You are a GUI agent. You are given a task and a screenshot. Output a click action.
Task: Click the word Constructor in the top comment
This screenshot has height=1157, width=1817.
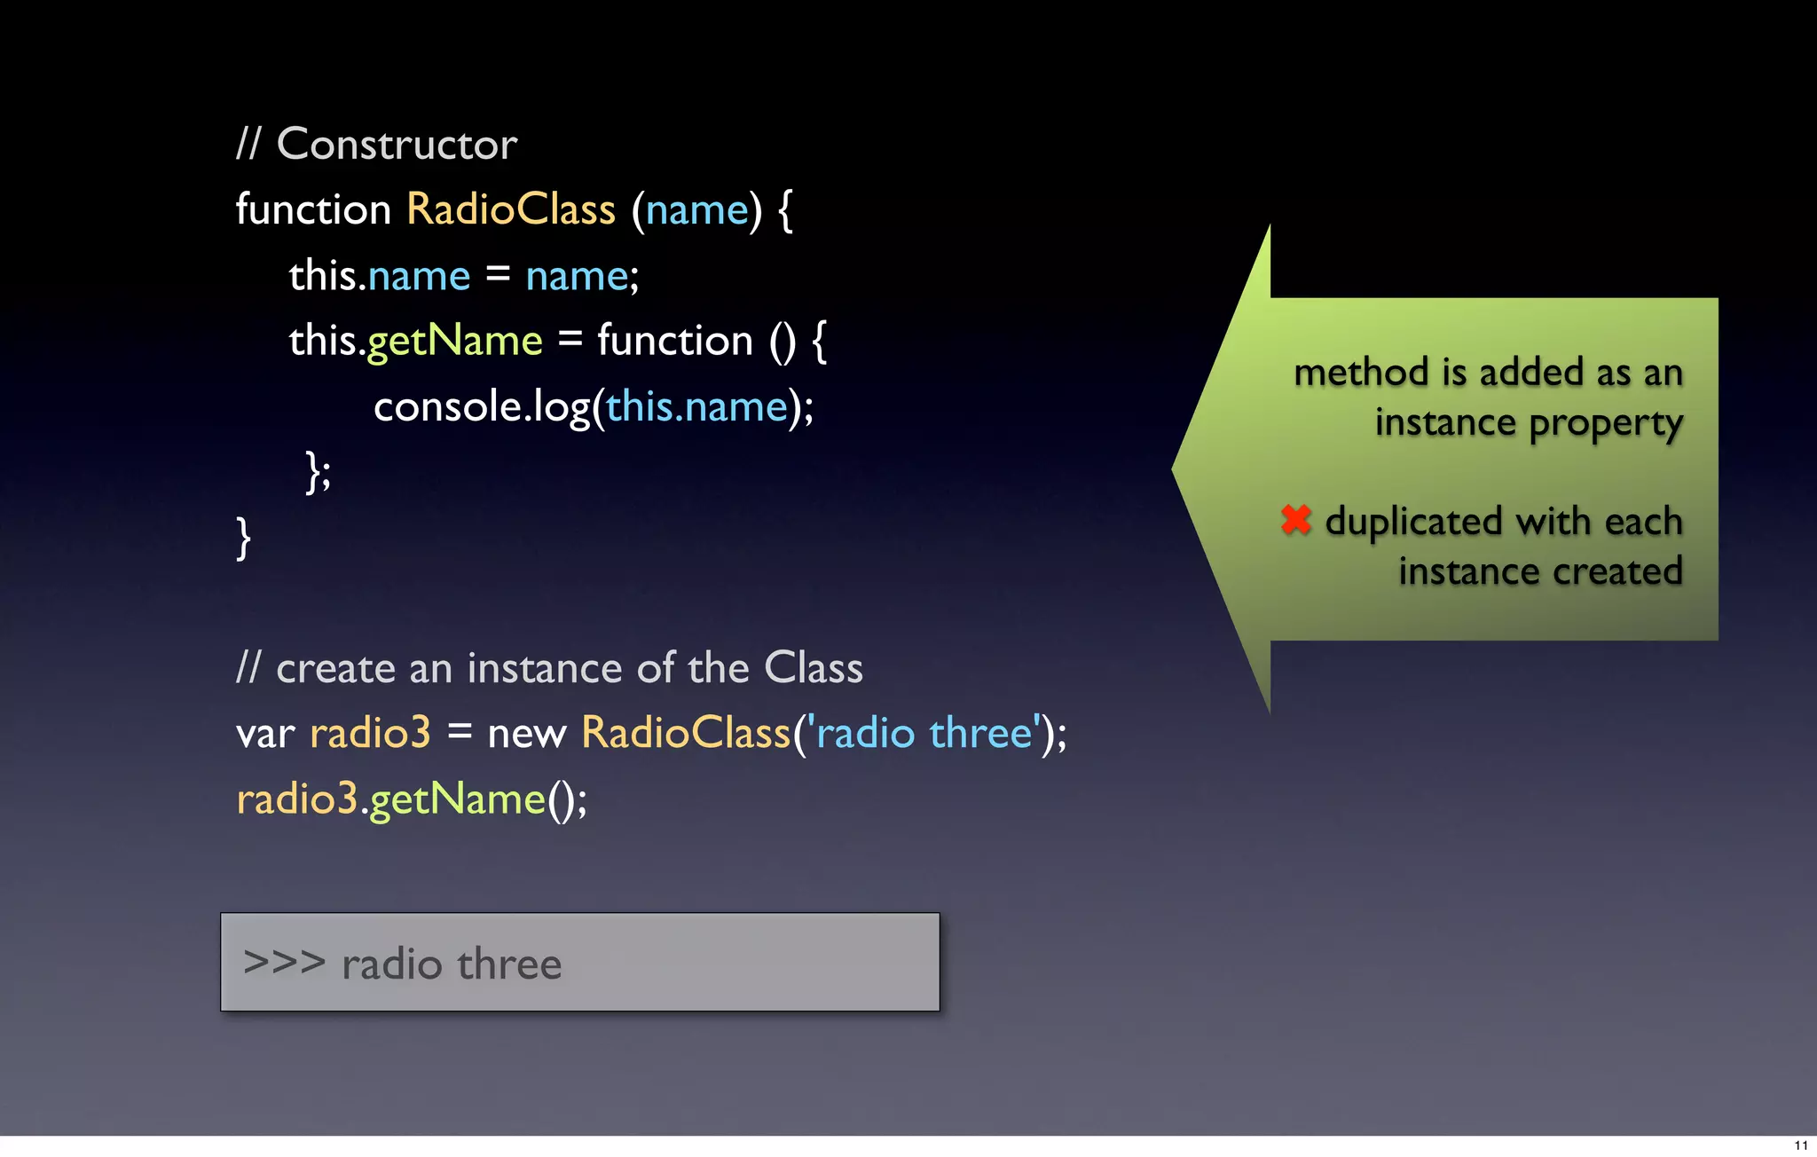coord(397,145)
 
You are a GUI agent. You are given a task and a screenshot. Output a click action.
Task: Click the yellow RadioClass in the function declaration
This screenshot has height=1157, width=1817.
coord(511,210)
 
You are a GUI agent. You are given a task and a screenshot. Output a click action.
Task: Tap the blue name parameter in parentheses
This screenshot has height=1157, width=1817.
coord(697,210)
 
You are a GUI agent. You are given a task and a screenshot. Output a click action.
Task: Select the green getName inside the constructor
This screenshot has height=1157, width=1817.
coord(455,342)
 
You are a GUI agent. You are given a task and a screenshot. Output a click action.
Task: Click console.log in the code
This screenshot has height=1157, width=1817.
coord(482,407)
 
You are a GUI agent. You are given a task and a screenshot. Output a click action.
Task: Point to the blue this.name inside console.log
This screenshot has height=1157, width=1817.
coord(697,407)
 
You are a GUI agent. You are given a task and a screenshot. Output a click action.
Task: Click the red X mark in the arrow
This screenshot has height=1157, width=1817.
coord(1296,520)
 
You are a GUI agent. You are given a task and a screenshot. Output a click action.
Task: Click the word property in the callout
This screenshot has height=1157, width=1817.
coord(1606,424)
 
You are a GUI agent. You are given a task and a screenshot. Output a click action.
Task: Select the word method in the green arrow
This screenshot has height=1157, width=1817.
coord(1363,373)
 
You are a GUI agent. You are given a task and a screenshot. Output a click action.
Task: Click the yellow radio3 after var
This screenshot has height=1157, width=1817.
coord(370,734)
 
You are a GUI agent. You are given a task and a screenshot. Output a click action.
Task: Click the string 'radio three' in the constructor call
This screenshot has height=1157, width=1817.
coord(924,734)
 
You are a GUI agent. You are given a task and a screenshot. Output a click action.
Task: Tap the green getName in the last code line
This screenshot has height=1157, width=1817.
coord(457,799)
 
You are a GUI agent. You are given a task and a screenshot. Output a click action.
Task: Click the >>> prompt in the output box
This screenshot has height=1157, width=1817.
coord(284,963)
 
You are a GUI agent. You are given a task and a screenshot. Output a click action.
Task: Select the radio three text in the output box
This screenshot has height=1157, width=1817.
coord(452,964)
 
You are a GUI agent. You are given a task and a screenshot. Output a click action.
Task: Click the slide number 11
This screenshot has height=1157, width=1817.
coord(1800,1145)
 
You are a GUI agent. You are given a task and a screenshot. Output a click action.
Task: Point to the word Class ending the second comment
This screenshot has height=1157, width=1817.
coord(813,668)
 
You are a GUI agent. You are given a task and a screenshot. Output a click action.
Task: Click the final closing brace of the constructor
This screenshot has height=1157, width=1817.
coord(243,539)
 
